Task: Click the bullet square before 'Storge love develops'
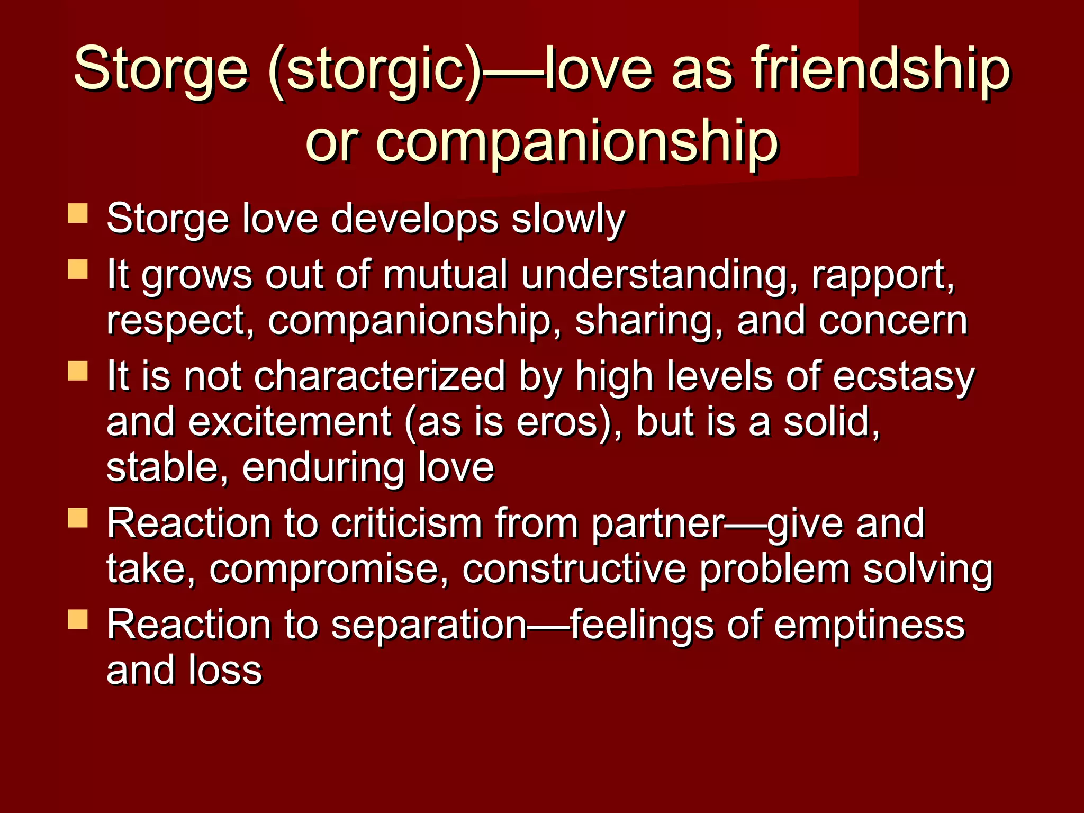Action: coord(78,214)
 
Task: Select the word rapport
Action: coord(882,275)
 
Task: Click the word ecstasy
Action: coord(904,377)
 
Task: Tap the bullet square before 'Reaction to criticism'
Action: coord(78,518)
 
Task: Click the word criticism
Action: coord(406,523)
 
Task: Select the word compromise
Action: coord(329,569)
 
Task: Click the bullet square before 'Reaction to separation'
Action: coord(78,619)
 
